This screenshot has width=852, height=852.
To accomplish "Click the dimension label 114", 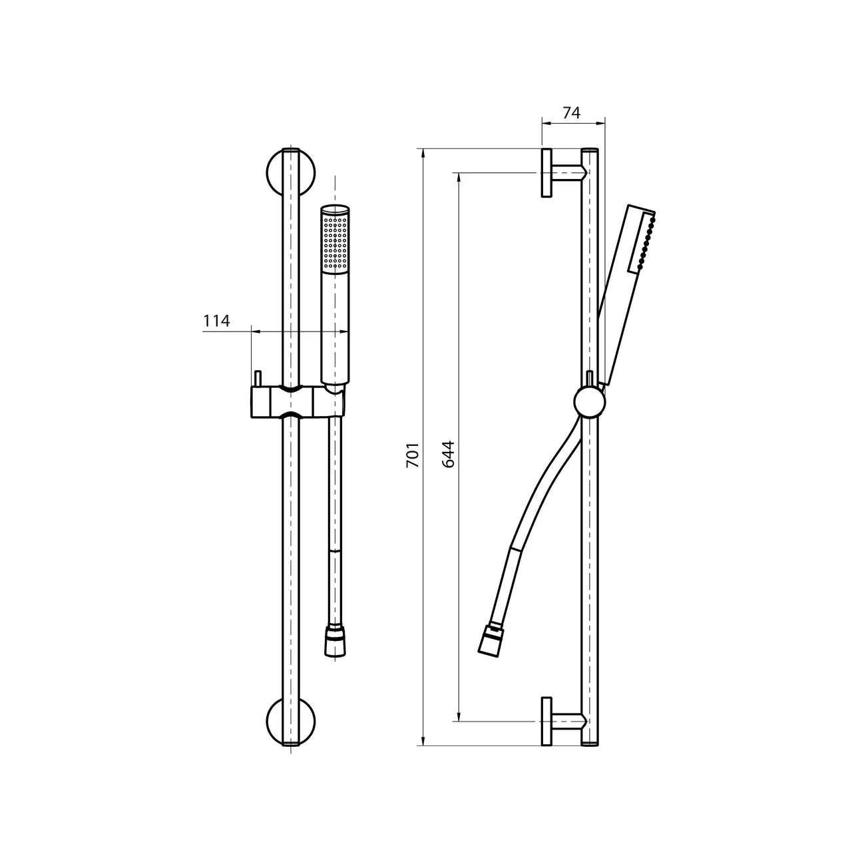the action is click(x=216, y=321).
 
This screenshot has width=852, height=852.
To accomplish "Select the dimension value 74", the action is click(x=571, y=113).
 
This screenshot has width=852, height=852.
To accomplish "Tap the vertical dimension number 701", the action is click(x=413, y=455).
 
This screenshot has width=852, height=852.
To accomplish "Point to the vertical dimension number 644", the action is click(x=449, y=454).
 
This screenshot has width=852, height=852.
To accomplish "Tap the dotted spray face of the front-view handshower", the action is click(x=335, y=244).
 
